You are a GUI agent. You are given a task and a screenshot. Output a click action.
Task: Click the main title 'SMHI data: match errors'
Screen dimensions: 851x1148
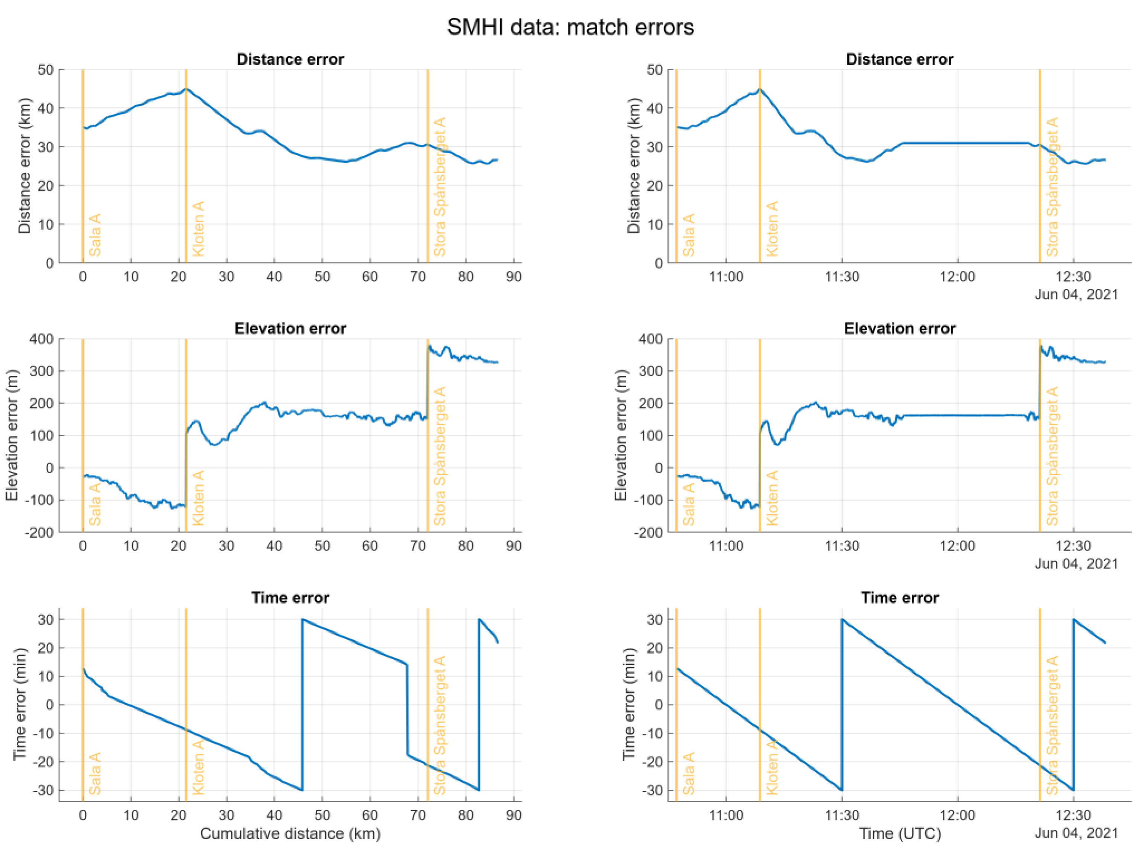[x=570, y=27]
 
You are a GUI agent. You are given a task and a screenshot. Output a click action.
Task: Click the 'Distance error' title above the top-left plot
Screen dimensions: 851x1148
[x=290, y=59]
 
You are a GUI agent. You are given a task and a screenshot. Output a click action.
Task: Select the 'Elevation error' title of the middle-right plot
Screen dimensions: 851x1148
[x=900, y=329]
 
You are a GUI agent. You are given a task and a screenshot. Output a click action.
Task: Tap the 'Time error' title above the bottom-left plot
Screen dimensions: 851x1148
[x=290, y=598]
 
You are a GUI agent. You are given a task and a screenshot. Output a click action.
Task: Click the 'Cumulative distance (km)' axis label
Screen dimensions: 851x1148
[x=290, y=834]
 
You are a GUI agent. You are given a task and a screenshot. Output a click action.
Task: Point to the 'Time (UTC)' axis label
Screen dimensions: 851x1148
[x=900, y=834]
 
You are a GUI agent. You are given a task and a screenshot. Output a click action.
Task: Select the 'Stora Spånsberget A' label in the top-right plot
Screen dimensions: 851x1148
[x=1052, y=187]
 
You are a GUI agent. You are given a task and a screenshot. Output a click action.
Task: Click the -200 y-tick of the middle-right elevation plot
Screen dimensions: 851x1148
[x=650, y=533]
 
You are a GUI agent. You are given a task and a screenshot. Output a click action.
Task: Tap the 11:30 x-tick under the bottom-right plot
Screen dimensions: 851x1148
[x=842, y=815]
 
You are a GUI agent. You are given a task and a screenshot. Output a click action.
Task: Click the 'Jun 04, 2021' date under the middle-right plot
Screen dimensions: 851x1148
[x=1076, y=564]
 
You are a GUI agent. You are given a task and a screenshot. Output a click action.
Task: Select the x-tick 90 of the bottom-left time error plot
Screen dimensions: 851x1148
[x=514, y=815]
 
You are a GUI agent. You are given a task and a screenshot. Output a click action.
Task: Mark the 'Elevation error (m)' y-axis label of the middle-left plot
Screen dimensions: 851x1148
[x=12, y=435]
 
